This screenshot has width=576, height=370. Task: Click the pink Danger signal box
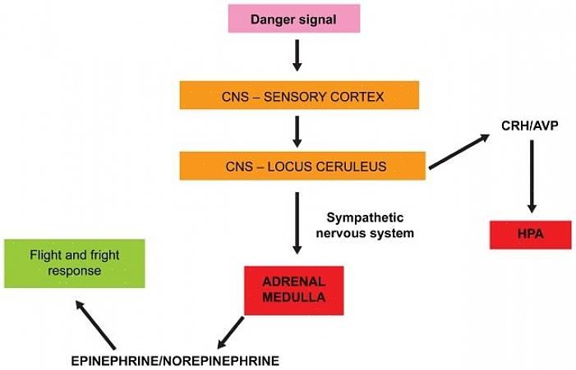tap(293, 20)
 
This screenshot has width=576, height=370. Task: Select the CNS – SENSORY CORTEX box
tap(299, 95)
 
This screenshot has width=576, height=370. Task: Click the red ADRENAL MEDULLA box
tap(294, 289)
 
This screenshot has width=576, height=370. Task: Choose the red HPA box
tap(531, 235)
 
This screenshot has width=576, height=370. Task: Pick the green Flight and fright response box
tap(74, 263)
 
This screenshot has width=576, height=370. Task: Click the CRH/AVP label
tap(530, 126)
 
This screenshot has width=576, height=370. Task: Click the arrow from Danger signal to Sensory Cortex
tap(297, 56)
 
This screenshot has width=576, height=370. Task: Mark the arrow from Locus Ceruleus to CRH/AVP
tap(463, 151)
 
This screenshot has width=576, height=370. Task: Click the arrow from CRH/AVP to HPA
tap(532, 176)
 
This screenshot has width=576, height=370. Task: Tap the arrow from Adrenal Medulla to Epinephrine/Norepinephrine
tap(233, 332)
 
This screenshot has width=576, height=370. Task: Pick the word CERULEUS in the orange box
tap(359, 167)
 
